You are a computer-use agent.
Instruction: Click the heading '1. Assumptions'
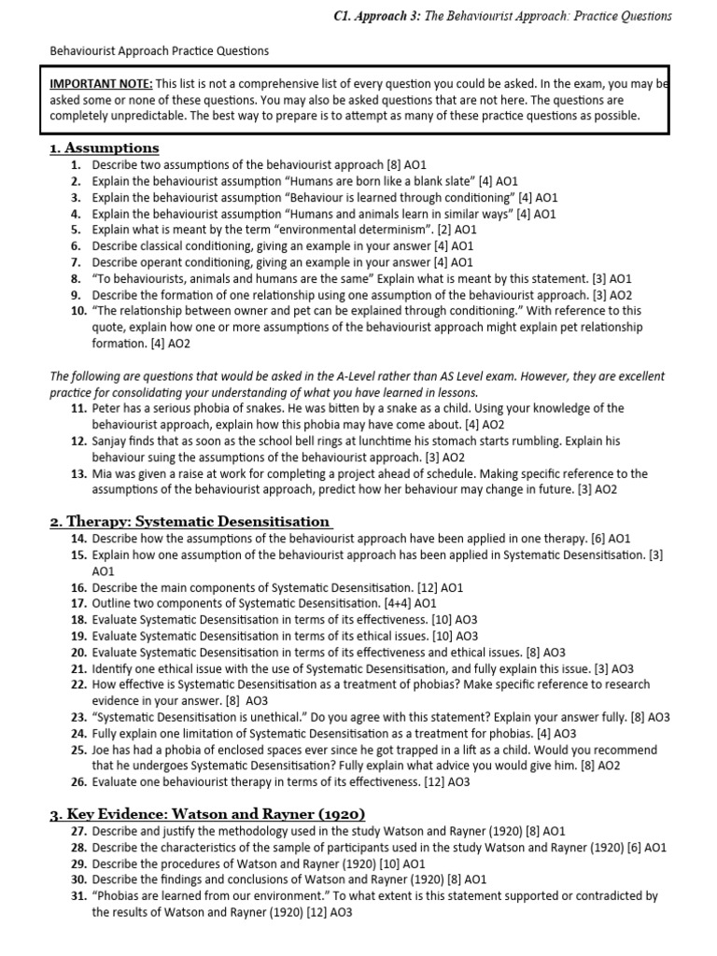point(104,148)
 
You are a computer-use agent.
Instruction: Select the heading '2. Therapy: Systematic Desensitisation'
point(190,522)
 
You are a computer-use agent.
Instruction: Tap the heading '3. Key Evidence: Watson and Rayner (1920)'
point(206,813)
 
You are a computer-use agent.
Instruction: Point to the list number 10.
point(77,311)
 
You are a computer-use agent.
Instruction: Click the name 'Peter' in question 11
point(108,408)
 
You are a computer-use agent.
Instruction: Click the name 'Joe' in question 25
point(103,750)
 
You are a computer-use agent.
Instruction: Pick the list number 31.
point(77,895)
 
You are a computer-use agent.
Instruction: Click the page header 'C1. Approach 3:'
point(564,16)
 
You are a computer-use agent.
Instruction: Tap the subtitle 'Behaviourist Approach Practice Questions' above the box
point(159,50)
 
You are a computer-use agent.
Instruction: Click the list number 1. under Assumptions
point(77,164)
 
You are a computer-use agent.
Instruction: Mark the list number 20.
point(77,652)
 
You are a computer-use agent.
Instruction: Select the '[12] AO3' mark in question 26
point(446,782)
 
